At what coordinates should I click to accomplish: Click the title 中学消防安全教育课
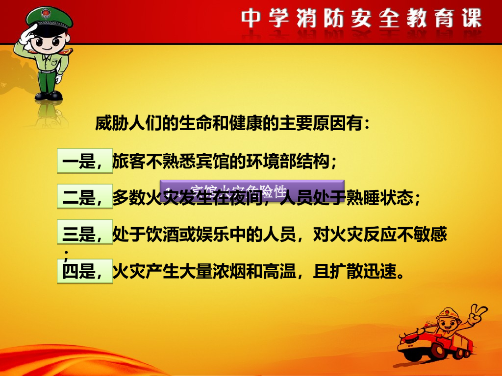click(361, 19)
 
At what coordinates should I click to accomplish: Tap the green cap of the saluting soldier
click(49, 18)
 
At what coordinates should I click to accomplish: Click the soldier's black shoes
click(49, 95)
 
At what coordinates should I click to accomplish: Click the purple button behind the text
click(252, 189)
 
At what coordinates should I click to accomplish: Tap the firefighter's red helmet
click(449, 314)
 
